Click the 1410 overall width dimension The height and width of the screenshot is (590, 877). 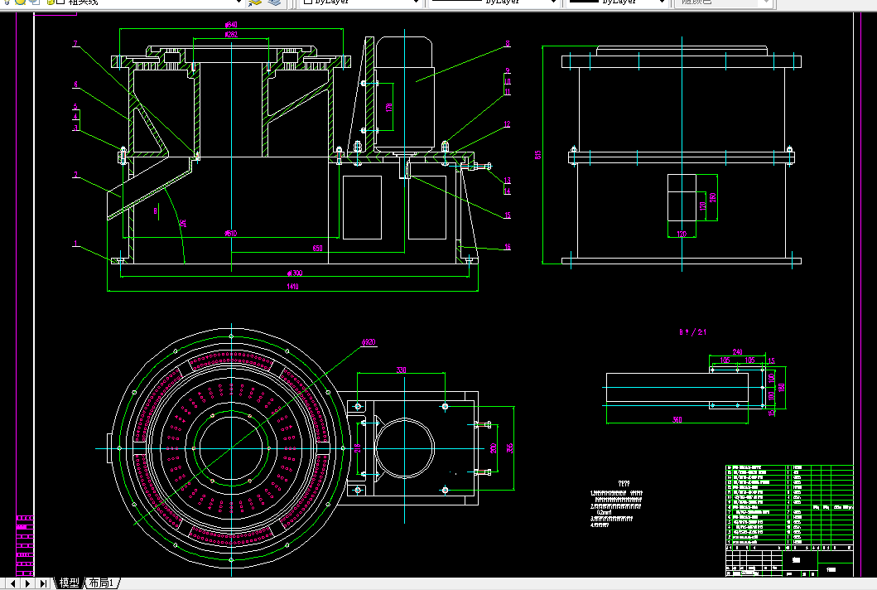click(x=292, y=287)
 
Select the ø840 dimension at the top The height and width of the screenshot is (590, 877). click(x=231, y=25)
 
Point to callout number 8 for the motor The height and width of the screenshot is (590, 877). click(x=508, y=44)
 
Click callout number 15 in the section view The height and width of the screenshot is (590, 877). click(x=508, y=215)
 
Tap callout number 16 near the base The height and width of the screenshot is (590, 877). click(x=508, y=247)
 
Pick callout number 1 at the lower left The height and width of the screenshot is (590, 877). click(x=75, y=244)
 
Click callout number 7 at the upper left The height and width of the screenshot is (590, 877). click(x=75, y=44)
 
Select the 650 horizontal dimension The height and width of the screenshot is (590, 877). click(x=317, y=249)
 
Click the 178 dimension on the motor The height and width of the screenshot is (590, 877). click(x=389, y=106)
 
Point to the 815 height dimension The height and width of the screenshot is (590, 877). click(x=539, y=155)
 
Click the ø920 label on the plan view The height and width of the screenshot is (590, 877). click(x=369, y=341)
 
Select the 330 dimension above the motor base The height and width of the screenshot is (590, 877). click(x=402, y=370)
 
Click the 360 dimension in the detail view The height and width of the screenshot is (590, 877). click(x=677, y=420)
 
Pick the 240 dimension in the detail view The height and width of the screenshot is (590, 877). click(x=737, y=351)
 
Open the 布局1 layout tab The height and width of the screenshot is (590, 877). click(x=103, y=583)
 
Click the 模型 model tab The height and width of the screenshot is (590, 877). click(x=69, y=583)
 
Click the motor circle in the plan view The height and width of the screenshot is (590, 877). click(x=404, y=447)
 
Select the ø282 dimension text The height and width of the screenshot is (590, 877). click(x=231, y=35)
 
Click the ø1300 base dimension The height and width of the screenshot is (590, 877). click(x=294, y=273)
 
